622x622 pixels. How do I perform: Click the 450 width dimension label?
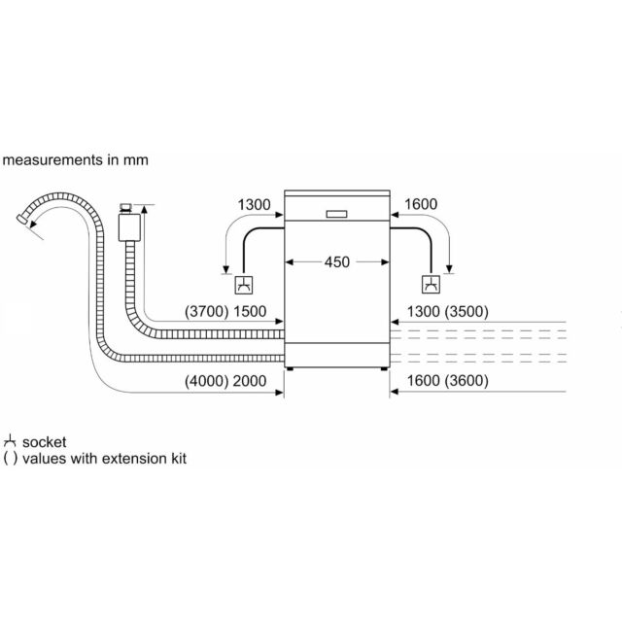pos(337,262)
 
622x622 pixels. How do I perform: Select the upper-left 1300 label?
pos(254,205)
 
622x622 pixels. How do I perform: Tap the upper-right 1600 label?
pos(421,204)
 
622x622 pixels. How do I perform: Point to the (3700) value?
pos(206,311)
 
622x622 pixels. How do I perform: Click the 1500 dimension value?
pos(250,311)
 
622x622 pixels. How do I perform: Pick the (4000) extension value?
pos(206,381)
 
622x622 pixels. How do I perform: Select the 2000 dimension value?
pos(250,381)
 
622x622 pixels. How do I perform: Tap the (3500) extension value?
pos(466,311)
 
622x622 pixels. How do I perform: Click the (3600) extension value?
pos(466,381)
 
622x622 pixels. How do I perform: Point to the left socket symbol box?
pos(244,285)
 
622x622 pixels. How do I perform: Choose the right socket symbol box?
pos(431,284)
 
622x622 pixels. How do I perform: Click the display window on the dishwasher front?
pos(336,214)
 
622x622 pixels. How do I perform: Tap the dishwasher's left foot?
pos(290,369)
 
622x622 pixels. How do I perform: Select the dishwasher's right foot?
pos(384,369)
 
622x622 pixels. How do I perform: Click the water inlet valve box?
pos(129,227)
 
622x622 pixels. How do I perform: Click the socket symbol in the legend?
pos(10,441)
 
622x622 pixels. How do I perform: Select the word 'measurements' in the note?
pos(52,160)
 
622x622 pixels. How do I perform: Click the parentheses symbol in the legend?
pos(11,459)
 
